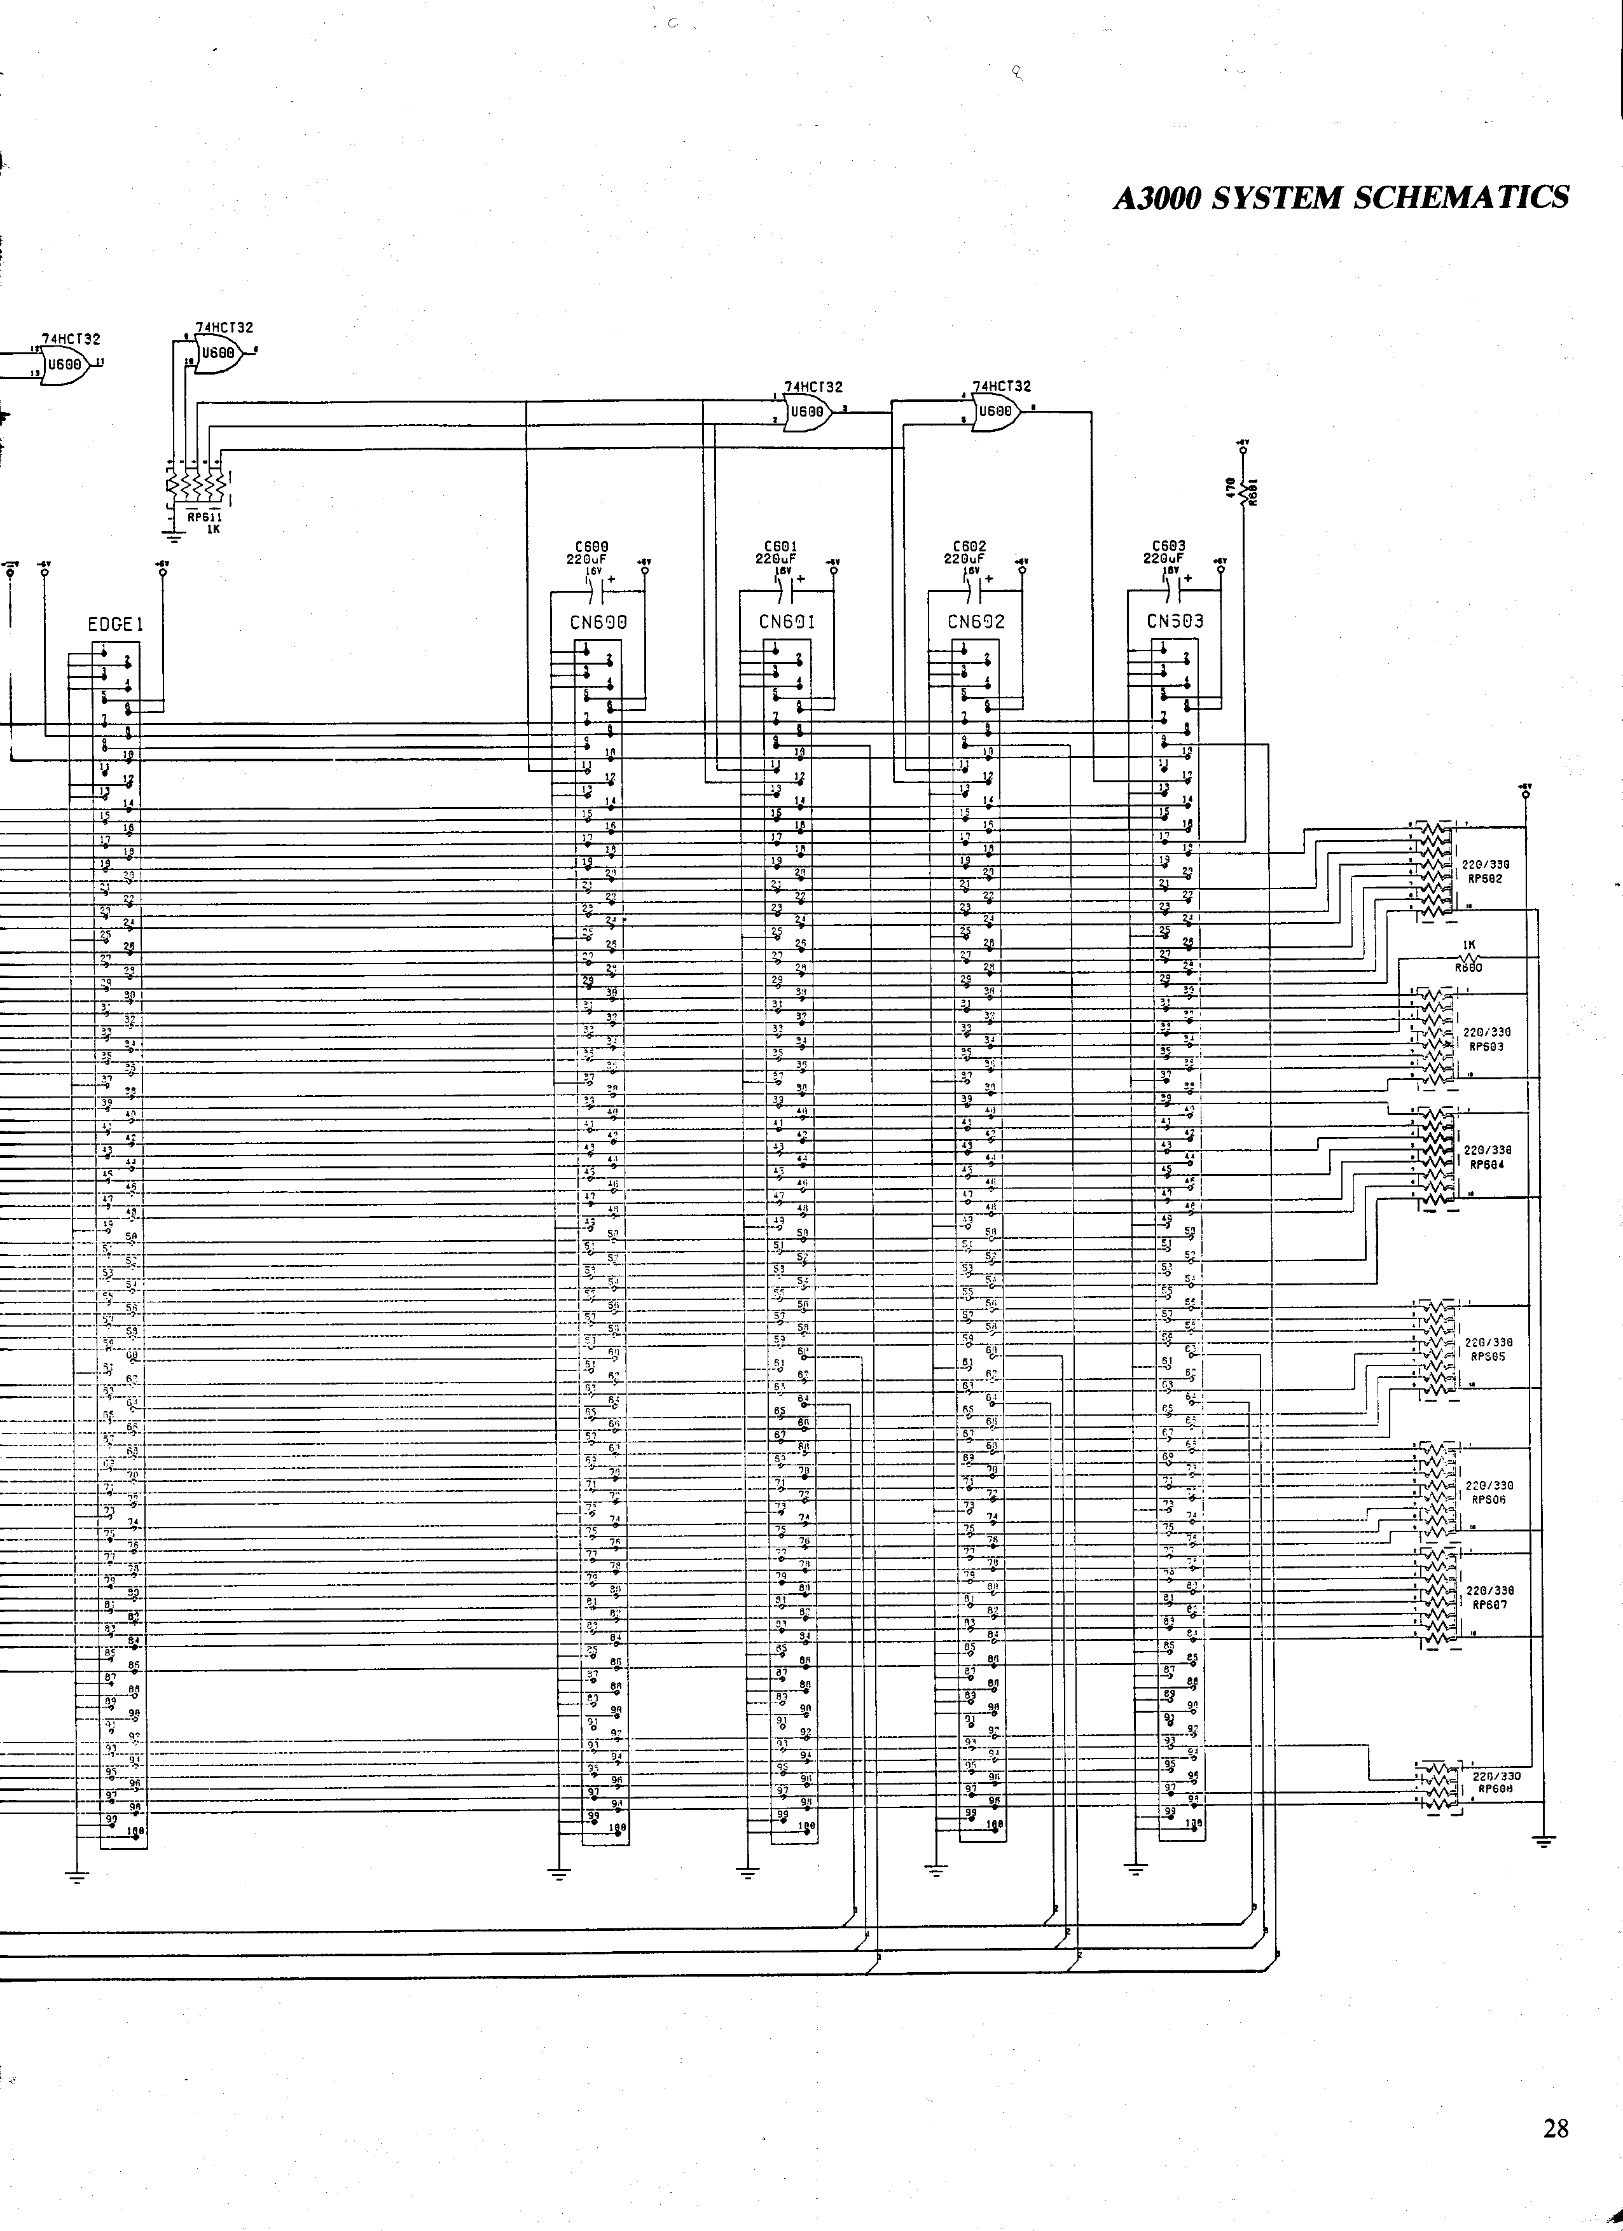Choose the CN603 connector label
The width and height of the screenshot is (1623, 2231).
(x=1175, y=622)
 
